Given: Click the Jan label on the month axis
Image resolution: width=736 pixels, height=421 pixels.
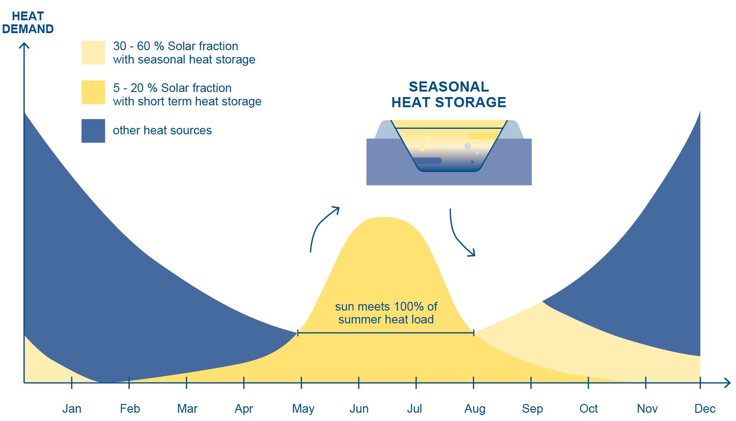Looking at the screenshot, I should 72,409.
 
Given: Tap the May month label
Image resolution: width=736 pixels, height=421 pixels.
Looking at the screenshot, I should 303,409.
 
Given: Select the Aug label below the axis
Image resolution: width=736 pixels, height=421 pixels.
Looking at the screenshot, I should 475,409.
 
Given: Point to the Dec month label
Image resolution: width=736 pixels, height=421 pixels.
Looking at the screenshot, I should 705,409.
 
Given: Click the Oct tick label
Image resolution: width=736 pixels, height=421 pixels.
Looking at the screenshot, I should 588,409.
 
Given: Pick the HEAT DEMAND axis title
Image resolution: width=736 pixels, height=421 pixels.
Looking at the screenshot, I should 28,23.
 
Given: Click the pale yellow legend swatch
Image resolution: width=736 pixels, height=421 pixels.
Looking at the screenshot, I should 93,52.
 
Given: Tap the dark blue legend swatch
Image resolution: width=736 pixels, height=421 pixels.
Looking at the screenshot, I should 93,131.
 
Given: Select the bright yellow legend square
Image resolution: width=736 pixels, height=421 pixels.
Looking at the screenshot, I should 93,92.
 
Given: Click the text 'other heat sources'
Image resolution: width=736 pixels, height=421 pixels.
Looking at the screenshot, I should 162,131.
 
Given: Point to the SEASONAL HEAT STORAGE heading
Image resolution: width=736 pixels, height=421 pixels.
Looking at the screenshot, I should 448,94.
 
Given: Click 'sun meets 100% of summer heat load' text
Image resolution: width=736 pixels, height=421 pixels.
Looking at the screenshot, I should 386,313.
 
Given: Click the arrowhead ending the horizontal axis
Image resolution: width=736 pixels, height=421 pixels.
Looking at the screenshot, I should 727,383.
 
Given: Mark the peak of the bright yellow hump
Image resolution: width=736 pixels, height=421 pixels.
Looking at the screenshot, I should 384,218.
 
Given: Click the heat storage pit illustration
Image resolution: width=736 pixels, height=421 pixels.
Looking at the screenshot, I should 449,152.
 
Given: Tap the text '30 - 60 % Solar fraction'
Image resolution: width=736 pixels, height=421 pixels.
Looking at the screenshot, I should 176,46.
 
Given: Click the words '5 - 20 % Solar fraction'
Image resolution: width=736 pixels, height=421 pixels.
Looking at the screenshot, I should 172,88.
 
